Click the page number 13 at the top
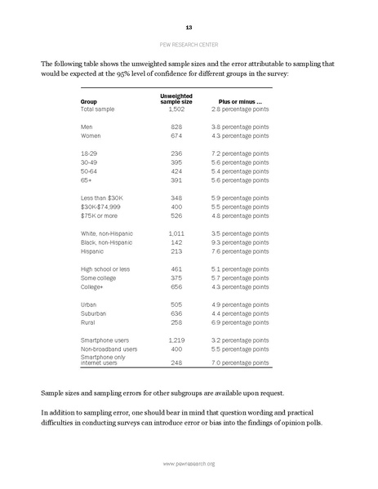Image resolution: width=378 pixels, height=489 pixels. click(x=189, y=28)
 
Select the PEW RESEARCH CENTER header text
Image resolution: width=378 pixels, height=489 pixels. click(x=189, y=47)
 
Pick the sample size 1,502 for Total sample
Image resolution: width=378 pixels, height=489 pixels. click(x=176, y=109)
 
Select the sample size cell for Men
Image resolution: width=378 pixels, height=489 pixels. click(x=176, y=127)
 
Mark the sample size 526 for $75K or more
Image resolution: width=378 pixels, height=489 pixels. click(x=176, y=216)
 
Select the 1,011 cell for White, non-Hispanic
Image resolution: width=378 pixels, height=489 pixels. click(x=176, y=233)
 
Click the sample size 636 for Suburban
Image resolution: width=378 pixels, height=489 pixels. click(x=176, y=313)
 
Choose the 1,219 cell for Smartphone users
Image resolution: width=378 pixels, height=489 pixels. click(x=176, y=340)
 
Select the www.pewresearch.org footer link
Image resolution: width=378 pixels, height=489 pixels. click(x=189, y=464)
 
